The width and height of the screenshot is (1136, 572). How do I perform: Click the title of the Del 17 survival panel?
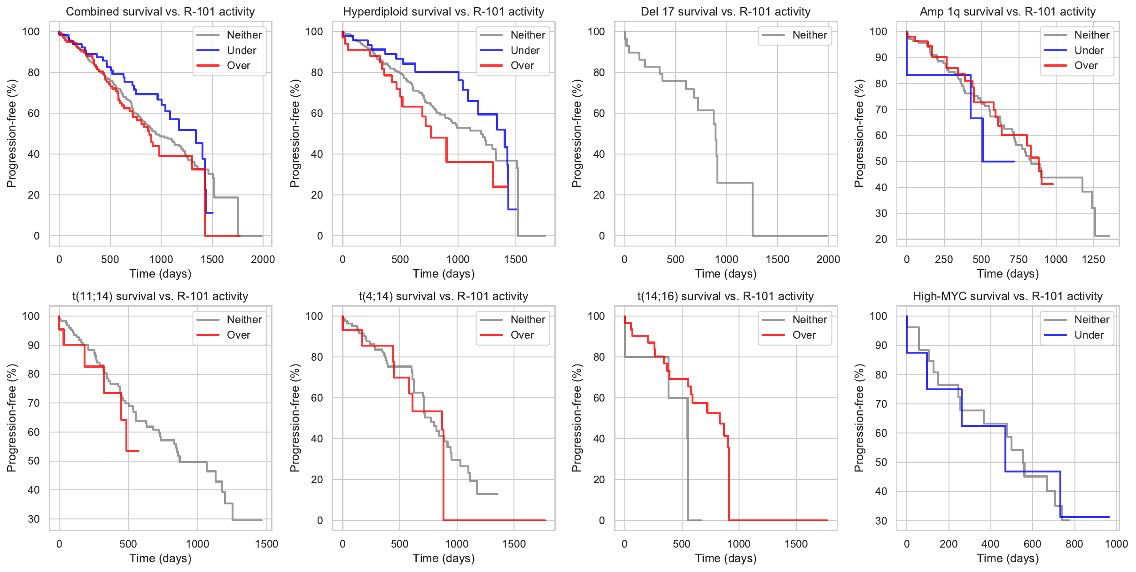click(725, 12)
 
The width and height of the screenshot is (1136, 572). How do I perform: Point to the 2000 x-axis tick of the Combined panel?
click(263, 259)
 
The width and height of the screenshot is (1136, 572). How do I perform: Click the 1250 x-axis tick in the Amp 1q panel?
click(1093, 259)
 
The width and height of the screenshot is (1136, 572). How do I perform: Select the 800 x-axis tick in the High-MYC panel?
click(1074, 544)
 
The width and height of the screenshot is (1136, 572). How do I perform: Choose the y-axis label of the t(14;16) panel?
click(576, 418)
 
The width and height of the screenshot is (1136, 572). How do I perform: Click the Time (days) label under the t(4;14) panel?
click(444, 558)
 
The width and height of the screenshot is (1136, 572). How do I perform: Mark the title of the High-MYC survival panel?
click(1007, 296)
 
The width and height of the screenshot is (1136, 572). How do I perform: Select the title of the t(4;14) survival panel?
click(444, 296)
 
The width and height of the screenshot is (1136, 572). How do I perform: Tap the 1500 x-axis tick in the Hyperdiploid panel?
click(515, 259)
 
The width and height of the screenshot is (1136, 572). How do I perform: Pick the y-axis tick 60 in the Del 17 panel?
click(599, 113)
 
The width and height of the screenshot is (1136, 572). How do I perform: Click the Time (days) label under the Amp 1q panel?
click(1007, 274)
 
